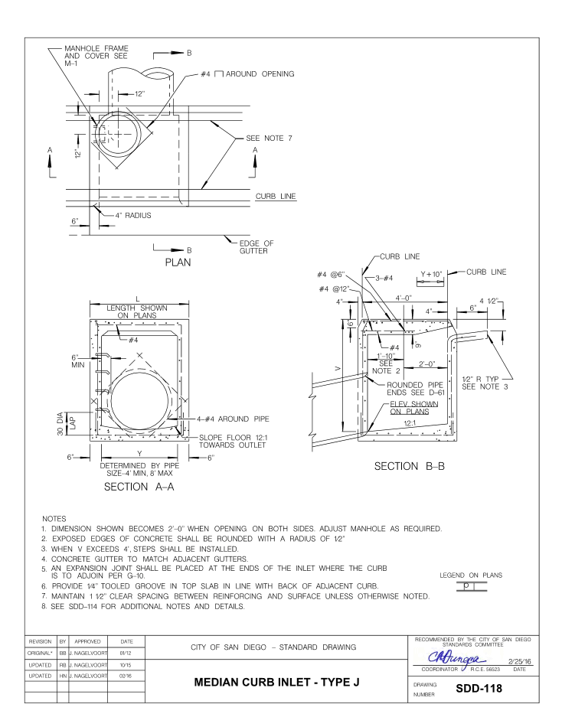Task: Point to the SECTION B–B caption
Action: tap(417, 467)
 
